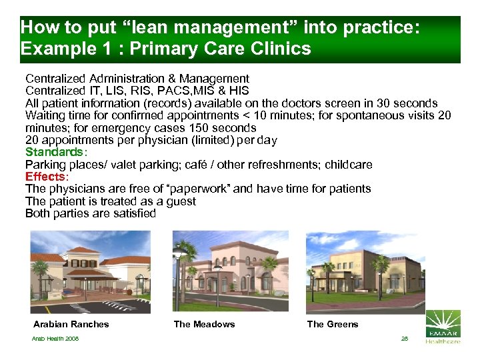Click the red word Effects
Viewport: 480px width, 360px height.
pos(45,177)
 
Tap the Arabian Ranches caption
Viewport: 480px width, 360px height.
pos(71,325)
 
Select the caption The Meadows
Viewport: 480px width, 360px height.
pos(204,325)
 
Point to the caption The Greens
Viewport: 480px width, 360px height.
pos(333,325)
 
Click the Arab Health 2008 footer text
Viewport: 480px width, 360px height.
pos(56,339)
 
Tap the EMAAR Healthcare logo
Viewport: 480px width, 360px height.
pos(443,327)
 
